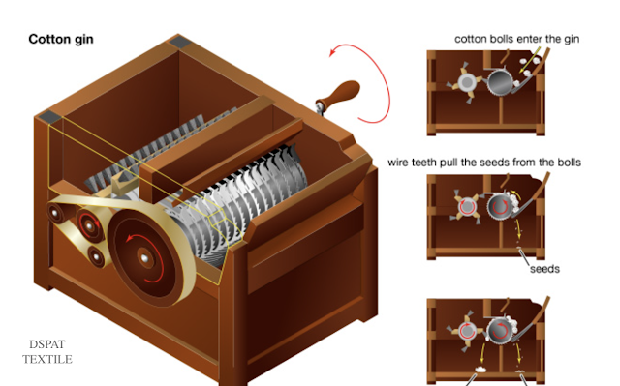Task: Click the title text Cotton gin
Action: pos(61,39)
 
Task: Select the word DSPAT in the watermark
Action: pos(47,344)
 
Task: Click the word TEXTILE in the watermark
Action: pos(47,359)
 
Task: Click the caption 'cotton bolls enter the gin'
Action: pos(516,39)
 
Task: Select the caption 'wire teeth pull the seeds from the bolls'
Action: pos(484,163)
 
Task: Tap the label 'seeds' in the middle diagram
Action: pos(544,269)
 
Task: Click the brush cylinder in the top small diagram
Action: pos(467,82)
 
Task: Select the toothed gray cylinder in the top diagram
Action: pos(500,82)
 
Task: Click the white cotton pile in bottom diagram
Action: pos(480,370)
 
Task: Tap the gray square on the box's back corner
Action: pos(179,43)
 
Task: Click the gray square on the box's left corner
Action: pos(50,116)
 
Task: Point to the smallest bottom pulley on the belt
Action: pos(97,256)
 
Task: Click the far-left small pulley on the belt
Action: pos(55,214)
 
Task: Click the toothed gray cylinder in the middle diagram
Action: pos(500,206)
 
